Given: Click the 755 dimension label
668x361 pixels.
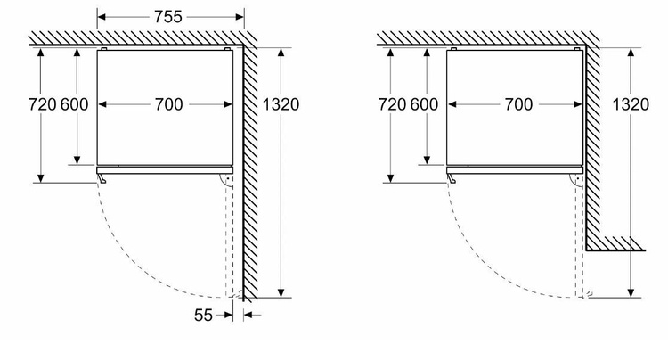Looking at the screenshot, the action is (167, 17).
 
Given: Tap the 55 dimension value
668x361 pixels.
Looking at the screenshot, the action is (203, 315).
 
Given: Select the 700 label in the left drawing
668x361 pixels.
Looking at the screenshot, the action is (168, 104).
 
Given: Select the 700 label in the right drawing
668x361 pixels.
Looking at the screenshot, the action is (518, 104).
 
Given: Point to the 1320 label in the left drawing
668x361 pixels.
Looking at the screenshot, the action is (281, 104).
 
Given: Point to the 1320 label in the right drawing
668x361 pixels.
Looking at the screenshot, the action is (631, 104).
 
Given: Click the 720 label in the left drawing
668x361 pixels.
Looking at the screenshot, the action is (42, 104).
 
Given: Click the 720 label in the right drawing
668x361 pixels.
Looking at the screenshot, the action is (392, 104).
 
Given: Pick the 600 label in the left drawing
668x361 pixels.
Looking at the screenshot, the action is (74, 104).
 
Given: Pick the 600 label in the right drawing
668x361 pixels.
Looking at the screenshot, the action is (424, 104).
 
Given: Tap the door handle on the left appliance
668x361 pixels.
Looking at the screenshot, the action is (102, 179).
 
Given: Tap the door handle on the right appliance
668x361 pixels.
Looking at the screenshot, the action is (452, 179).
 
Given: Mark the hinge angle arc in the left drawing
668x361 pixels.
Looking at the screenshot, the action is (226, 181).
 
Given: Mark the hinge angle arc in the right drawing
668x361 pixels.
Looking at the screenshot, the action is (575, 181).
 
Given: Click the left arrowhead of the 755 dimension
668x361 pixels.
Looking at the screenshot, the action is (102, 17).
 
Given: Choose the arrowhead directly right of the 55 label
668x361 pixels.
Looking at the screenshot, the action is (228, 316).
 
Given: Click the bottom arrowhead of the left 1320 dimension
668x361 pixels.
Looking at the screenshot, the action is (281, 292).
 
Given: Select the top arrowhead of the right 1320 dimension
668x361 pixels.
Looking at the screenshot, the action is (631, 53).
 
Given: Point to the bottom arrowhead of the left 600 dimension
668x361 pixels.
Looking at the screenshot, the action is (77, 160).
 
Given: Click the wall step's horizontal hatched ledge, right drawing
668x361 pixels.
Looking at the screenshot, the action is (615, 244).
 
